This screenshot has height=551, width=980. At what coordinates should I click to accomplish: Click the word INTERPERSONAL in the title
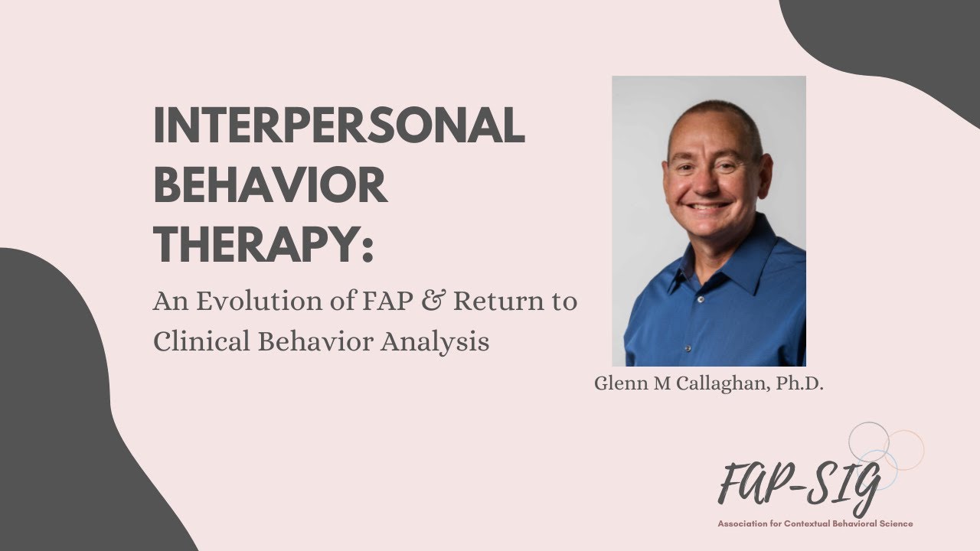click(338, 126)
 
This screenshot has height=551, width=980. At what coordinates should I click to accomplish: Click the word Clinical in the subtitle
click(200, 341)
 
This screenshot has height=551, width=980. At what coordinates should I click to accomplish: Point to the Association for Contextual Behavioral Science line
click(815, 524)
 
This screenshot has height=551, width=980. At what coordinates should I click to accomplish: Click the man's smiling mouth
click(710, 205)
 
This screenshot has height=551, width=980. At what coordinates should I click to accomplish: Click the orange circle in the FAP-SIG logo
click(905, 448)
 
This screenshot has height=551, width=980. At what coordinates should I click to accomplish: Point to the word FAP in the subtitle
click(388, 302)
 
